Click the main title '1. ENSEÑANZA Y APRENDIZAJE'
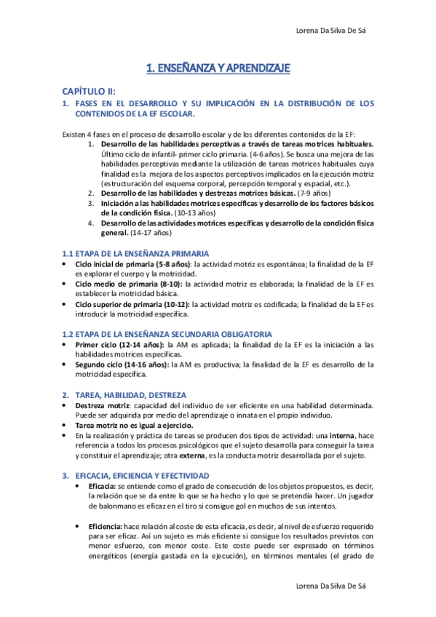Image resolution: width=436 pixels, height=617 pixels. (x=218, y=68)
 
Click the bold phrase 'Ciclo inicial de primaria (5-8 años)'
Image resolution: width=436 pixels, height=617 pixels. (x=128, y=263)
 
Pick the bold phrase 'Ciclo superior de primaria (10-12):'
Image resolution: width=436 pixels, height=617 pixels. (x=132, y=303)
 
